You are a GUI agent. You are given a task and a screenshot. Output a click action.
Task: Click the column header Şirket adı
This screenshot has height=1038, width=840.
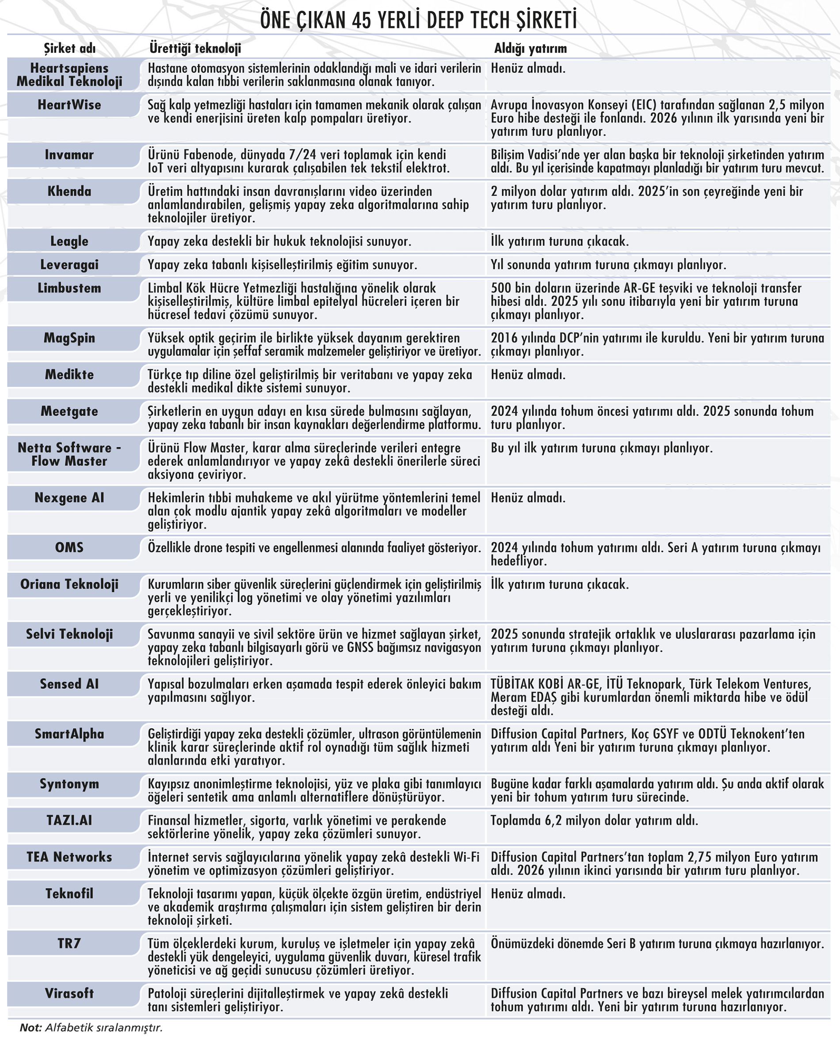pos(70,48)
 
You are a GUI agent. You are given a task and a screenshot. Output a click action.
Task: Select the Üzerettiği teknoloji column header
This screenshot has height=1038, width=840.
pos(195,48)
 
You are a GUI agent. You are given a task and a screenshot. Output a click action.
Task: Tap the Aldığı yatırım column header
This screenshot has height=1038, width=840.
pos(531,48)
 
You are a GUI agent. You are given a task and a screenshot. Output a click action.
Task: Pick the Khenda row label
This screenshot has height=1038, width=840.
pos(70,191)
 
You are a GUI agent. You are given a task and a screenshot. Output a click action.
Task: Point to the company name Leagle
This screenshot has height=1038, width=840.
pos(70,241)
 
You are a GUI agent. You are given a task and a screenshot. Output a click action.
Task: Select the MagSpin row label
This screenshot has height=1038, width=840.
pos(70,338)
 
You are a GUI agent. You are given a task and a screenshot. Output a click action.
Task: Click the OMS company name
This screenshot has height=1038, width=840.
pos(70,548)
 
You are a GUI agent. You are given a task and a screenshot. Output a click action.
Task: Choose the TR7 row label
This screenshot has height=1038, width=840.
pos(70,944)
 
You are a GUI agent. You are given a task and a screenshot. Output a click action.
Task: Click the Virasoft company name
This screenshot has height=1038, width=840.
pos(70,994)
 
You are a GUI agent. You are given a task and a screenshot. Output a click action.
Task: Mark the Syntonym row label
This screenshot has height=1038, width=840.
pos(70,784)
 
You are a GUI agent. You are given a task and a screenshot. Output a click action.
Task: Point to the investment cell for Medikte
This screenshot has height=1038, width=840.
pos(528,374)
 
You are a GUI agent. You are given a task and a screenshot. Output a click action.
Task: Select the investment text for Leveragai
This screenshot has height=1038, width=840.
pos(608,265)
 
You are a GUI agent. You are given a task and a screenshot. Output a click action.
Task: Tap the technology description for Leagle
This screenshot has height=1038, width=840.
pos(279,241)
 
